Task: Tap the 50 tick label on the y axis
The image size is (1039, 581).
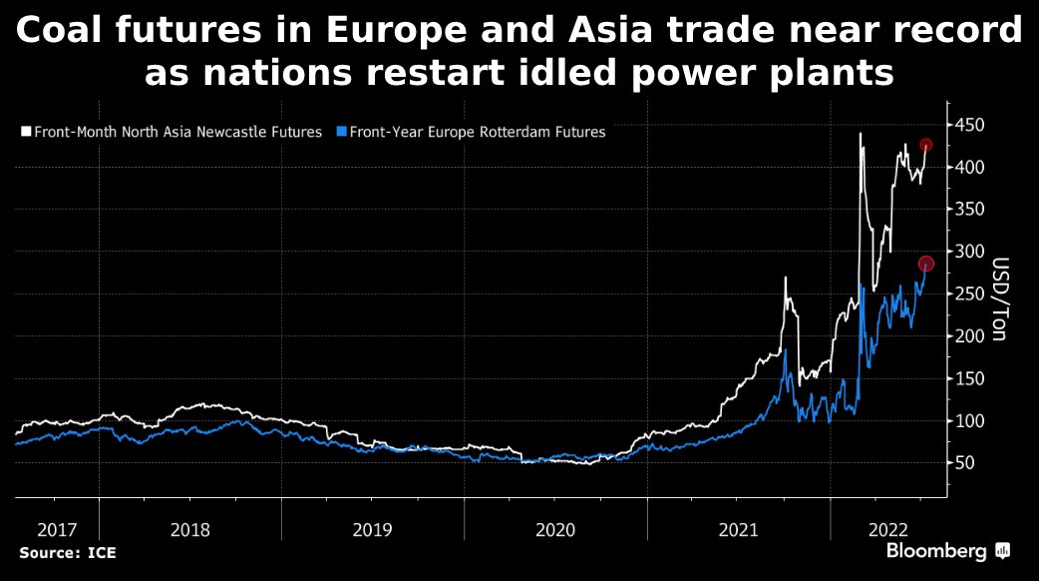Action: [x=966, y=463]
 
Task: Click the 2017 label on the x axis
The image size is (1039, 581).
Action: [x=57, y=530]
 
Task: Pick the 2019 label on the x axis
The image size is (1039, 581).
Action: [x=372, y=530]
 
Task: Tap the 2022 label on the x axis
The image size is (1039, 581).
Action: [x=887, y=530]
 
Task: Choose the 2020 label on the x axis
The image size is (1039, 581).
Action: [x=555, y=530]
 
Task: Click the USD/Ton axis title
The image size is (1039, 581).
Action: [x=1000, y=298]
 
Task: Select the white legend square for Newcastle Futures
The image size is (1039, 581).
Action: [x=26, y=132]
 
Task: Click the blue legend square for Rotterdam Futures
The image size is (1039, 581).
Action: [x=342, y=132]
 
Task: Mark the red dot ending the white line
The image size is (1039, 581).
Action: [x=925, y=145]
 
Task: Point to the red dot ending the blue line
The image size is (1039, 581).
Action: [x=925, y=264]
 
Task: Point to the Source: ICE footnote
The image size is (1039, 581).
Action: [x=68, y=552]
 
